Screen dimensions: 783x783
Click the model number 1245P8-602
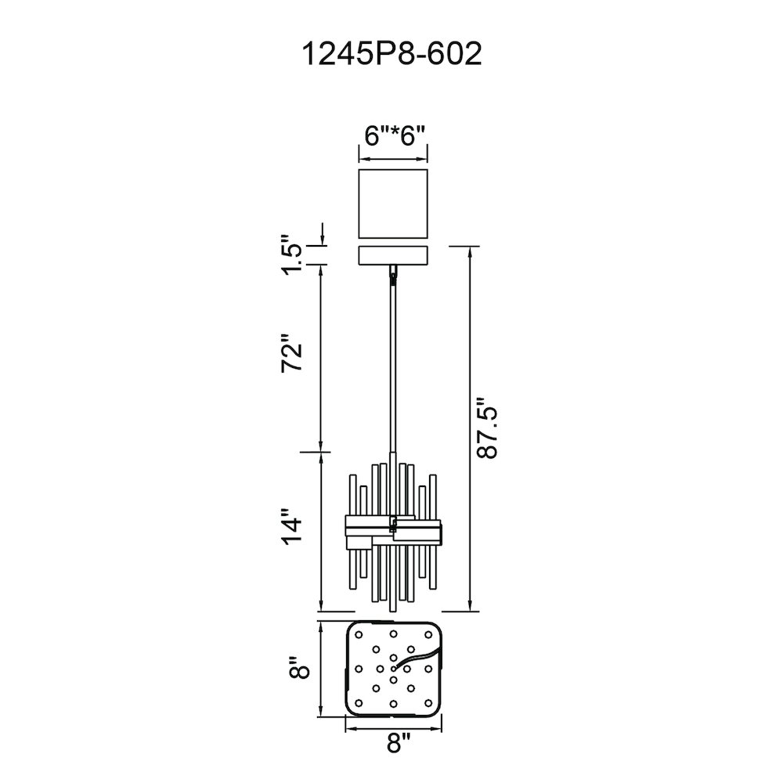click(392, 53)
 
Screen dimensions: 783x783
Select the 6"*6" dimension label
click(395, 135)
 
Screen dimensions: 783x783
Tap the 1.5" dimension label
click(292, 254)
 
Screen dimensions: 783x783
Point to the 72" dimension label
click(291, 352)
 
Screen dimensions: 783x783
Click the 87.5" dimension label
click(487, 428)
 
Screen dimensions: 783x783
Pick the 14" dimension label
click(291, 527)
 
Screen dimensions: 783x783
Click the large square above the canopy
click(393, 204)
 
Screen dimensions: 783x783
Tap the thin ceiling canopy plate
click(393, 254)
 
